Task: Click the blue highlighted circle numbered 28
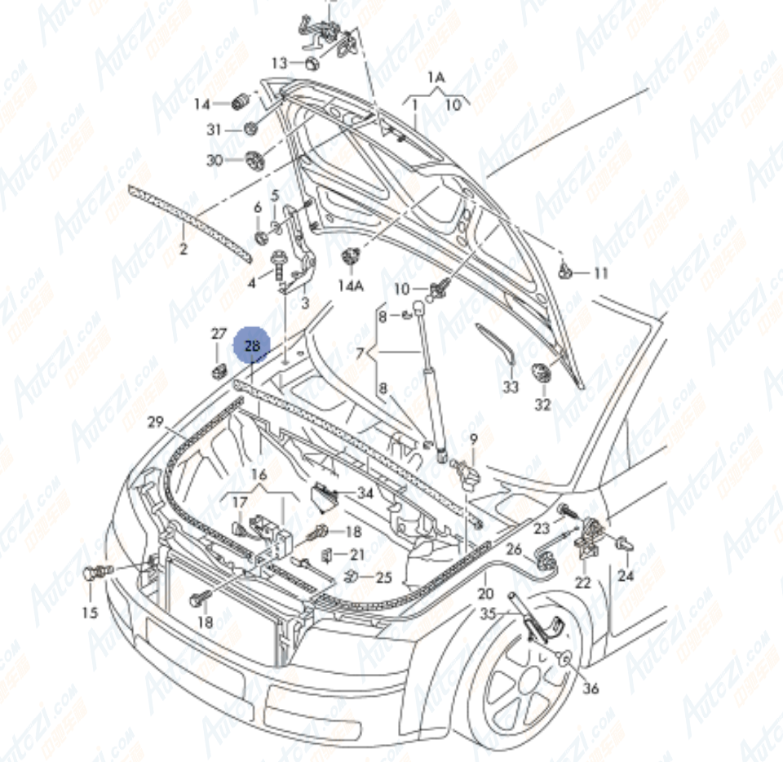click(252, 346)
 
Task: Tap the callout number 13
click(280, 63)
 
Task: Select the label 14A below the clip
click(350, 286)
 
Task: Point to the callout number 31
click(214, 130)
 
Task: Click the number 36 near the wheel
click(591, 689)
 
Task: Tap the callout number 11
click(601, 273)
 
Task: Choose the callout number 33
click(511, 387)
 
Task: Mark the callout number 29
click(156, 422)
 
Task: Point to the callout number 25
click(383, 578)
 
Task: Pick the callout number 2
click(183, 248)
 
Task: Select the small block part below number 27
click(218, 373)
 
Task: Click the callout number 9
click(473, 439)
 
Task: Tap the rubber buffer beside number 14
click(241, 103)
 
